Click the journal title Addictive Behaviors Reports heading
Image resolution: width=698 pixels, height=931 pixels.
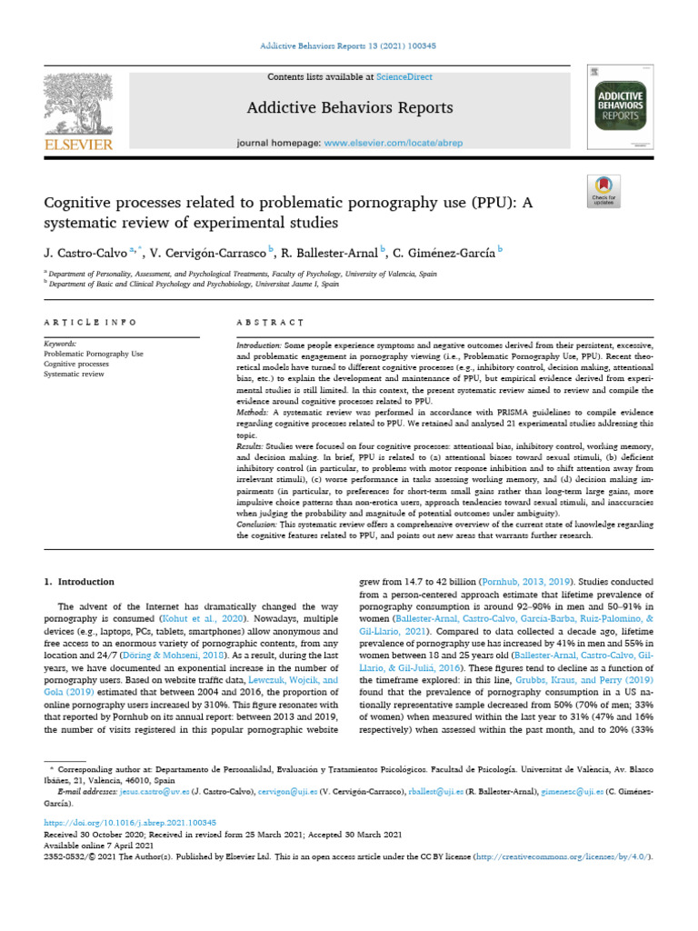coord(348,108)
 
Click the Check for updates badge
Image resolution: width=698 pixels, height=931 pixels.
coord(604,191)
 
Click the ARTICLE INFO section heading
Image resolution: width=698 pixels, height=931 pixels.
coord(90,322)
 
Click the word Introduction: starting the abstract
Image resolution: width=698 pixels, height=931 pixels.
coord(259,346)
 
